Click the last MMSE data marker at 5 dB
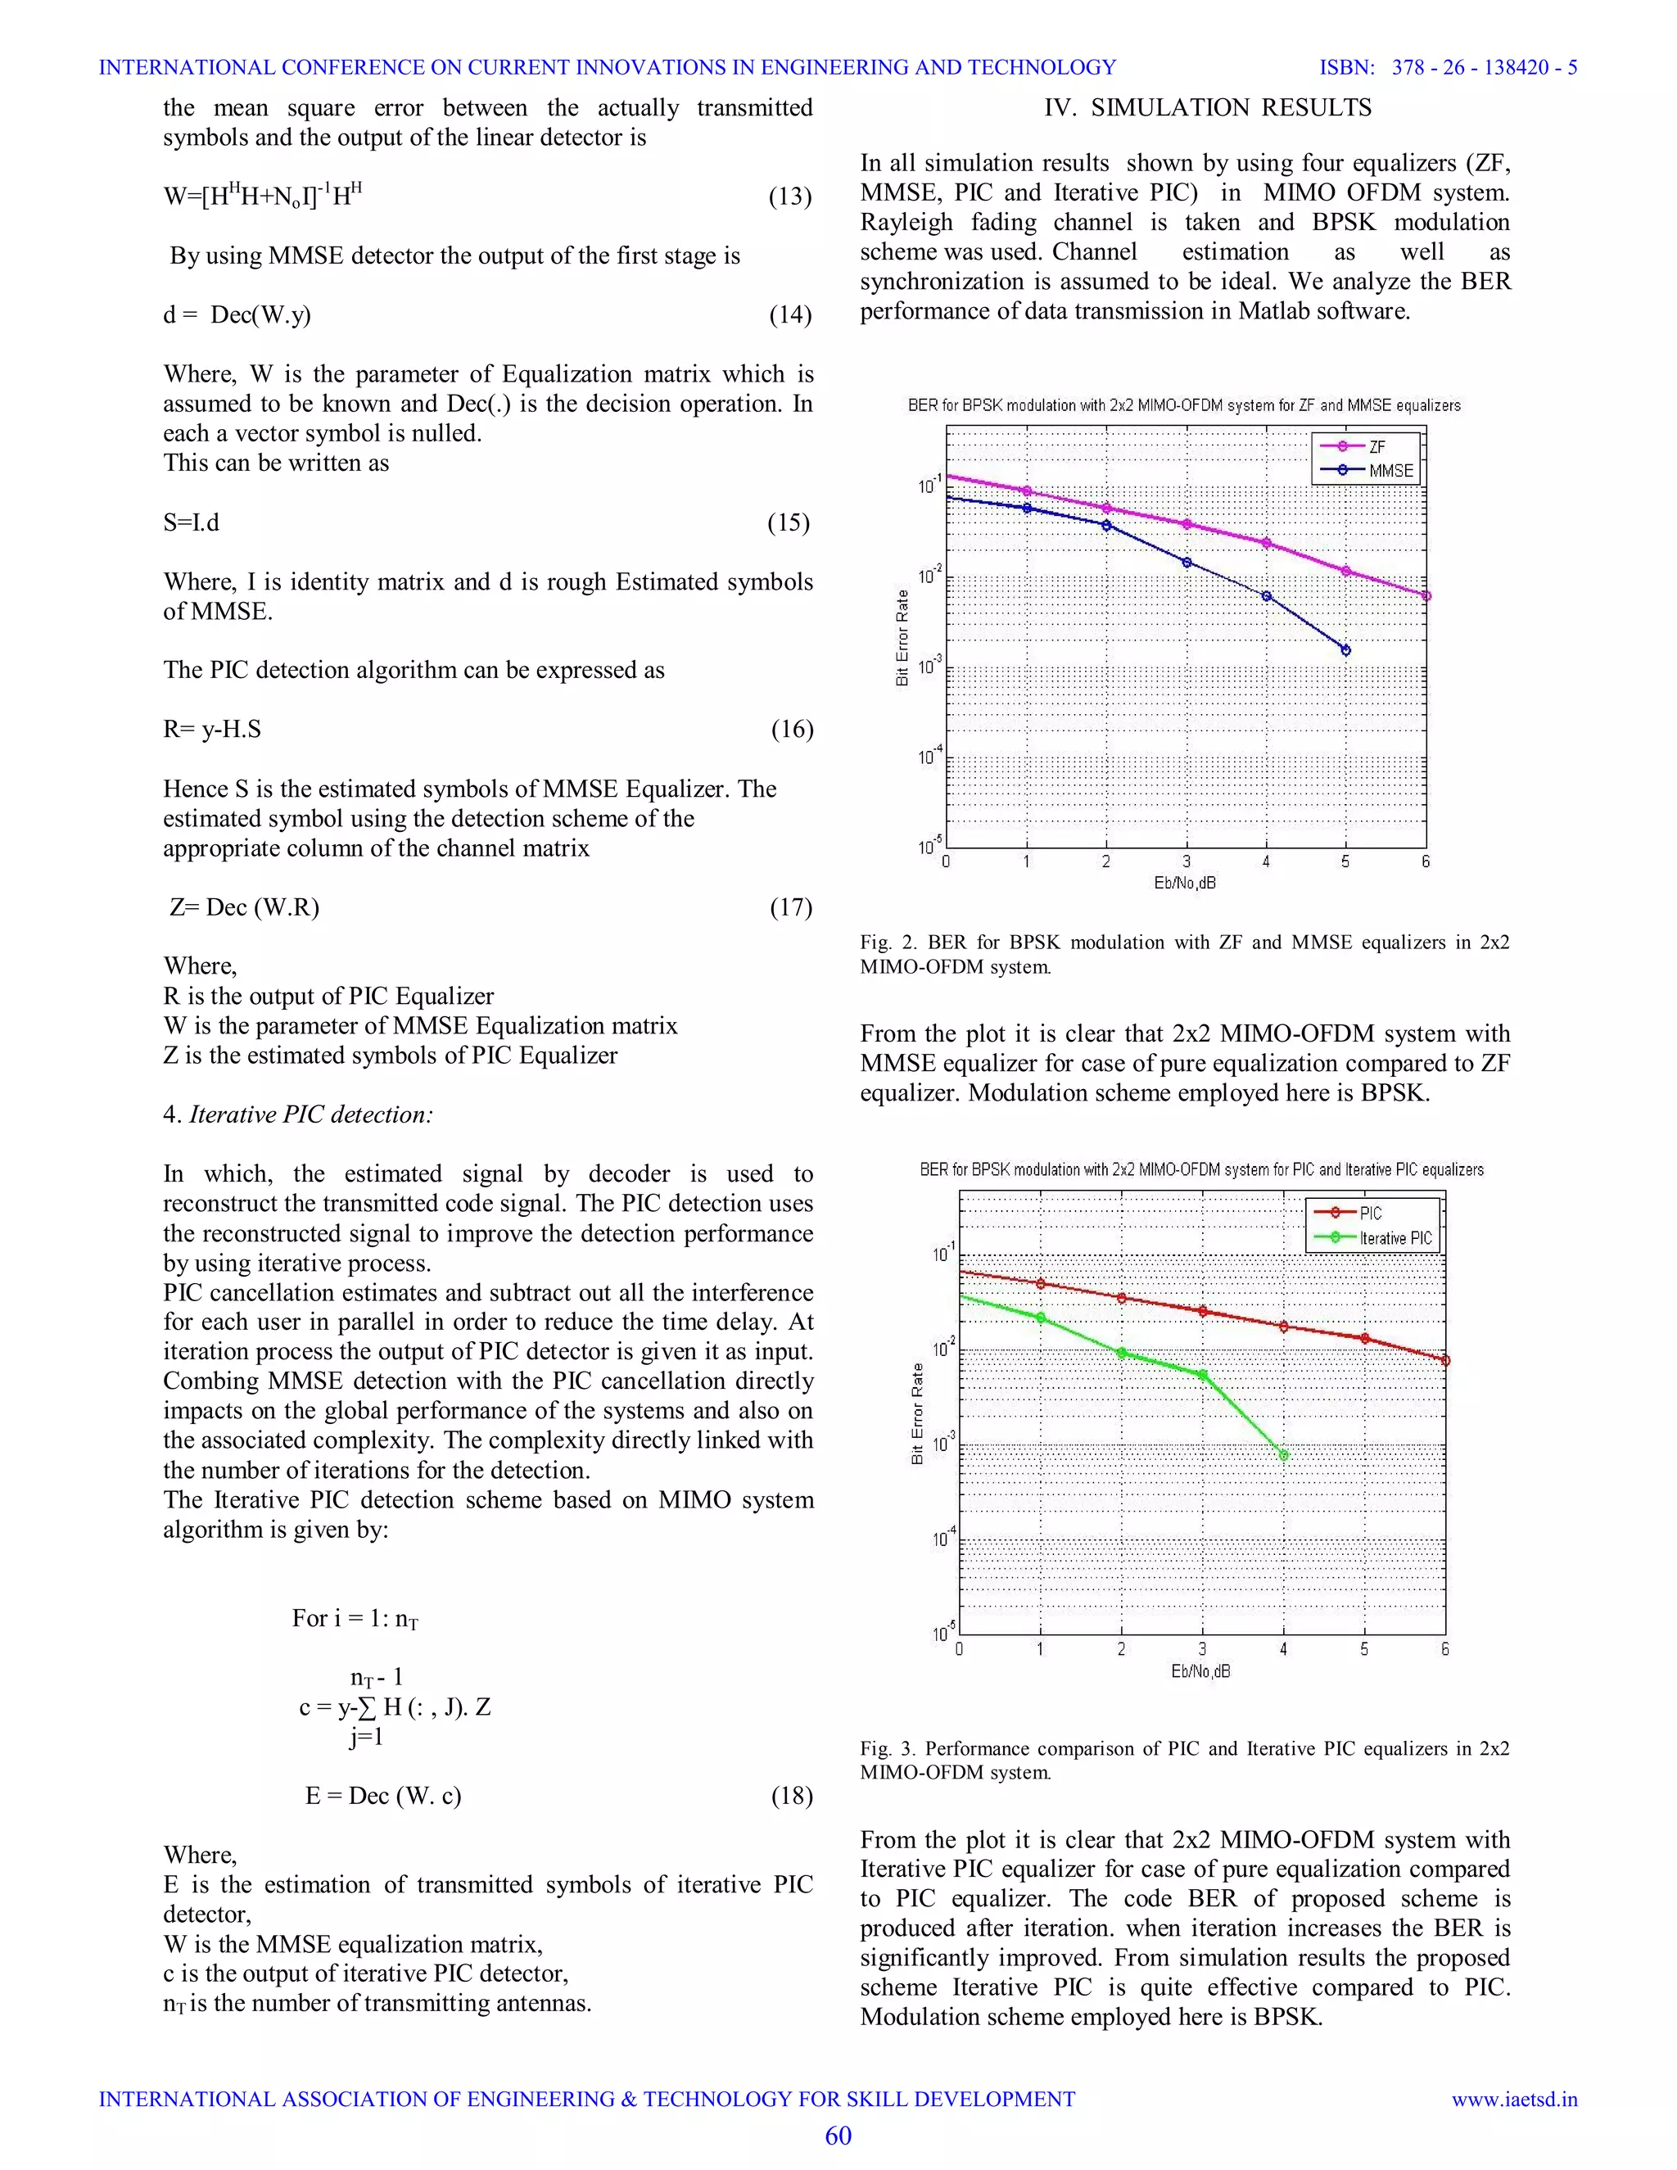[x=1345, y=650]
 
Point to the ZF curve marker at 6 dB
[x=1426, y=596]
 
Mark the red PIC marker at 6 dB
[x=1444, y=1360]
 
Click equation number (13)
[x=790, y=196]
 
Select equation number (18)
[x=792, y=1796]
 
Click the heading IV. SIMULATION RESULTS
[x=1207, y=107]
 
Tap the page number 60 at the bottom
[x=838, y=2136]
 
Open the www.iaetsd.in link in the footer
[x=1514, y=2099]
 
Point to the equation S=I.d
[x=191, y=522]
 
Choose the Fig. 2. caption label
[x=889, y=942]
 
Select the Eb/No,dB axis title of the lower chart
[x=1200, y=1671]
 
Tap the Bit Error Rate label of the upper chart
[x=902, y=637]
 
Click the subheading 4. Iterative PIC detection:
[x=298, y=1114]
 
